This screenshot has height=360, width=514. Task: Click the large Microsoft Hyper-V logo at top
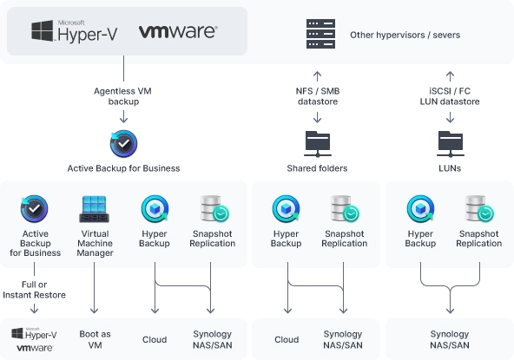[x=75, y=31]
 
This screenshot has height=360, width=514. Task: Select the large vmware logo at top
[x=178, y=32]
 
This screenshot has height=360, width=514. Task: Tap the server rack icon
[x=320, y=34]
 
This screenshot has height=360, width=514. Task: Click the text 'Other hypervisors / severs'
[x=405, y=35]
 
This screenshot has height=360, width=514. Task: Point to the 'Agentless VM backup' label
[x=123, y=96]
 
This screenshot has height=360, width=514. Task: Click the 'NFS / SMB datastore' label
[x=317, y=96]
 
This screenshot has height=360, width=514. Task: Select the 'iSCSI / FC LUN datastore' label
[x=450, y=96]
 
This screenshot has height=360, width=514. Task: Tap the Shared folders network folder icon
[x=317, y=144]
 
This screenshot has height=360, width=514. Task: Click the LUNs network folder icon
[x=451, y=144]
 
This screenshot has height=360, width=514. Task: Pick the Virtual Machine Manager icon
[x=95, y=209]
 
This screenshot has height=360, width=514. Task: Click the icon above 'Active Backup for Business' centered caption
[x=123, y=144]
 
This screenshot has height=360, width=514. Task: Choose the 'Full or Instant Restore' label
[x=34, y=290]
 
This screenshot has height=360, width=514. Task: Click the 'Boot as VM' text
[x=95, y=339]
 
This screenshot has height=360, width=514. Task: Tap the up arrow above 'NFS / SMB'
[x=317, y=76]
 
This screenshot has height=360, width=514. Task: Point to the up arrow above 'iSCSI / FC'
[x=450, y=76]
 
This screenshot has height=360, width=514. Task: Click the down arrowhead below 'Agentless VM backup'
[x=123, y=120]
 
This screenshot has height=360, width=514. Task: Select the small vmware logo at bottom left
[x=35, y=348]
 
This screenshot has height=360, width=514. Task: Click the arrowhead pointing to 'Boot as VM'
[x=94, y=310]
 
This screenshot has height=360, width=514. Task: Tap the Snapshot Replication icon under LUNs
[x=478, y=209]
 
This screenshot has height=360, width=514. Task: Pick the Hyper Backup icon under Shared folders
[x=286, y=209]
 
